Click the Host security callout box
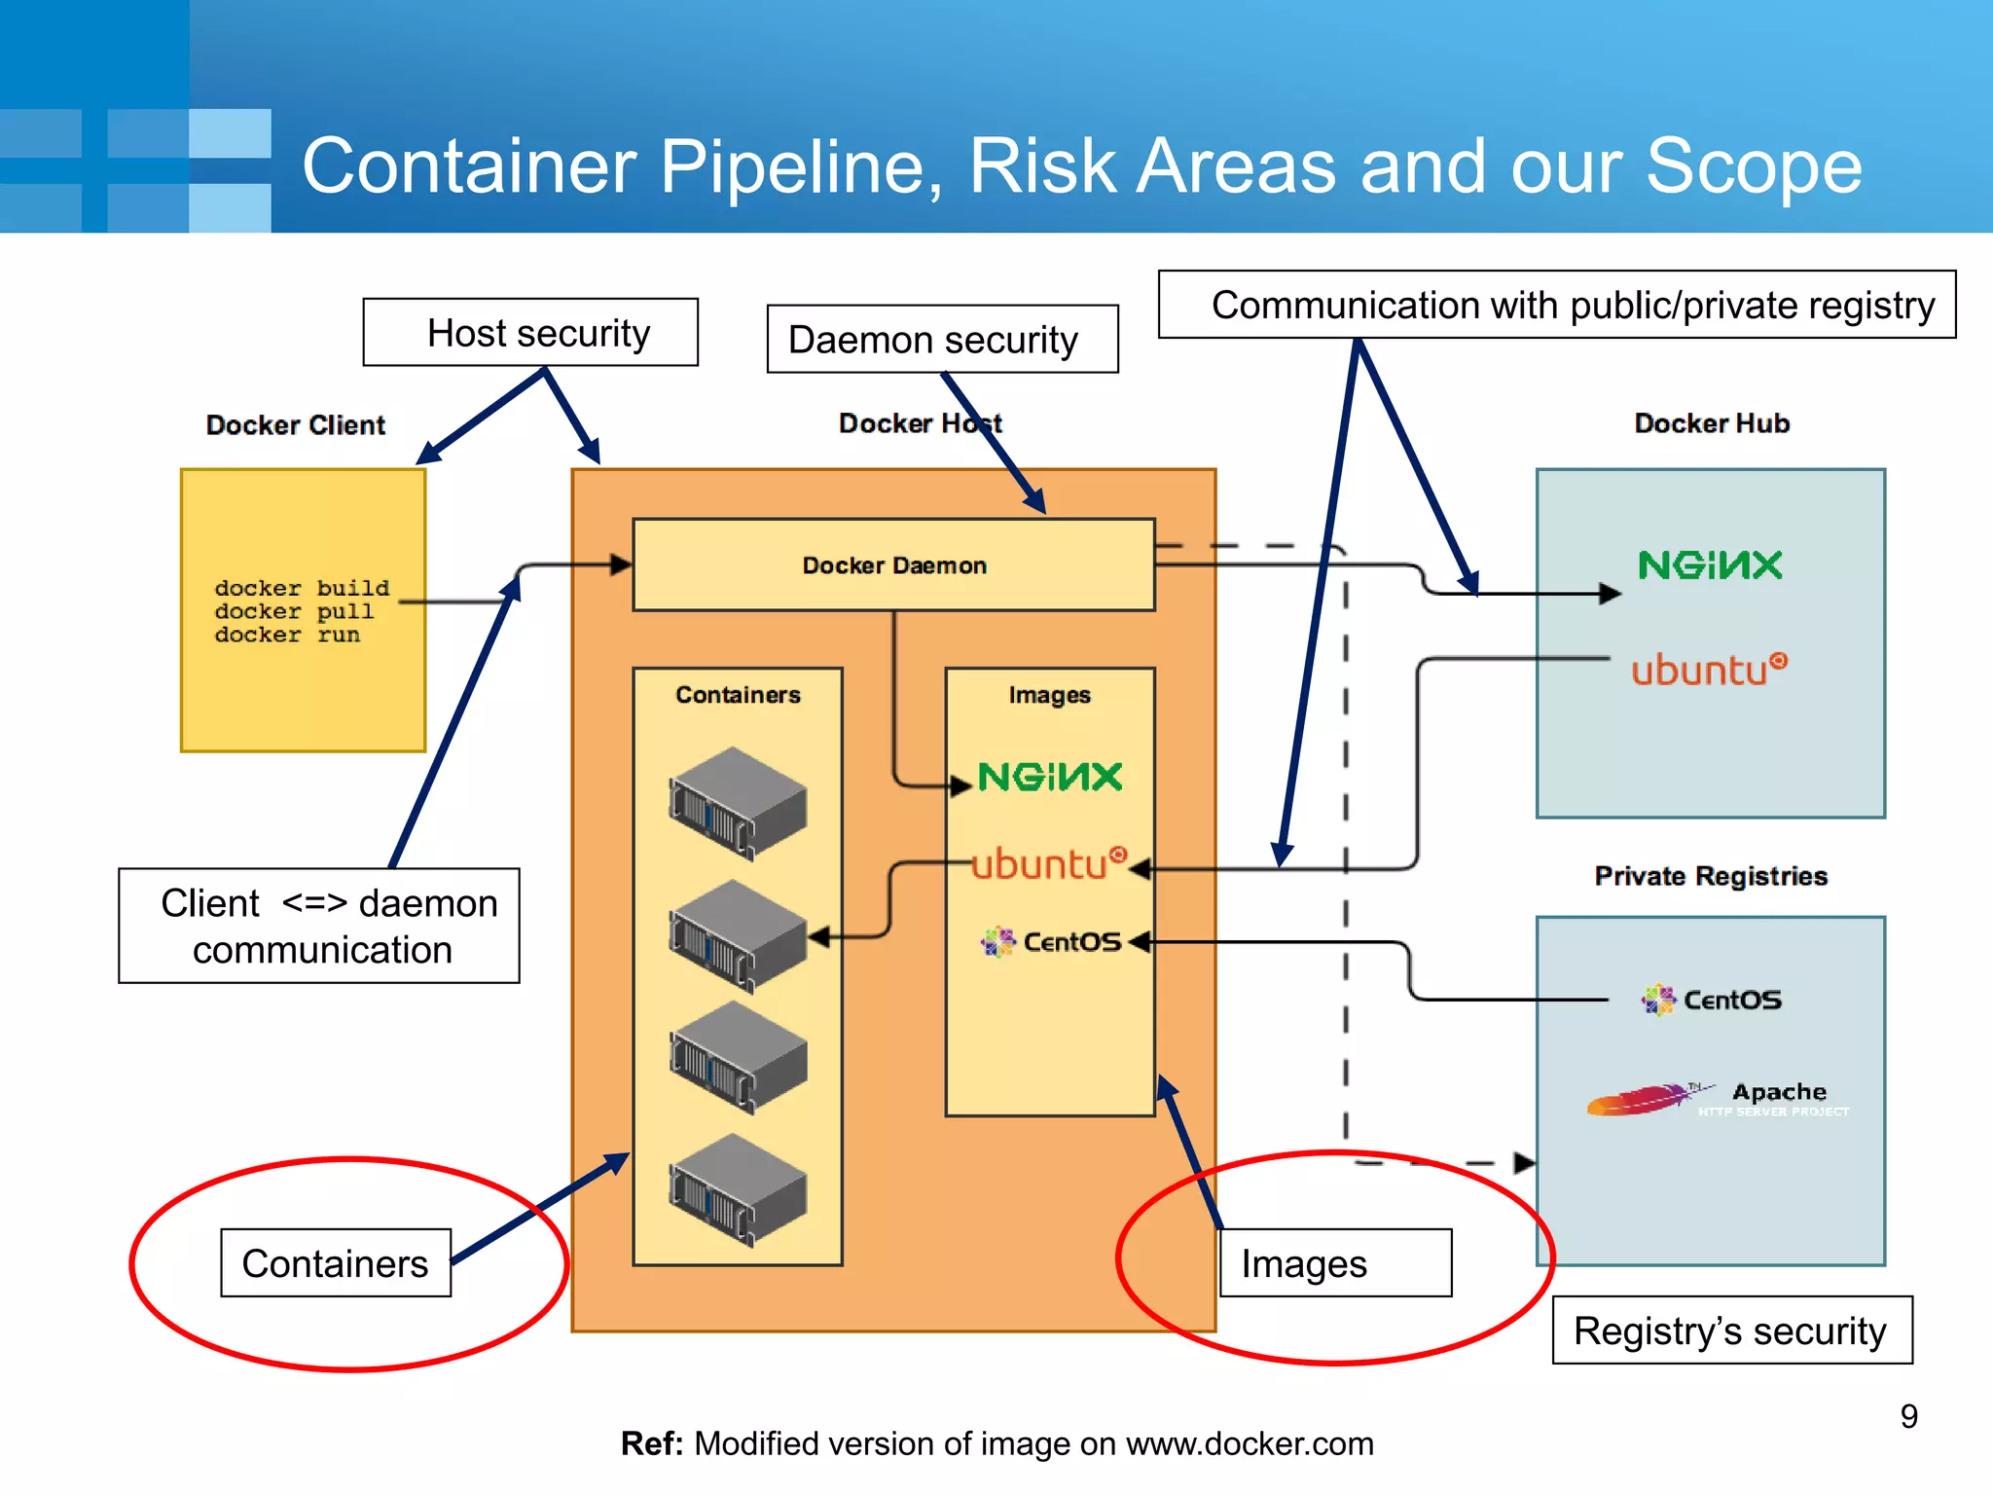pos(530,333)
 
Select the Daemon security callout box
pos(941,340)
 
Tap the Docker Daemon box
pos(893,565)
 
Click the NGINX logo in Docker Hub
pos(1710,565)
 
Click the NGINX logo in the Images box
pos(1050,777)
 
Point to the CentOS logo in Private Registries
pos(1712,1000)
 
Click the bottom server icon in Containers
pos(738,1189)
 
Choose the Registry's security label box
pos(1731,1331)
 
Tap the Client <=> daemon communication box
pos(319,926)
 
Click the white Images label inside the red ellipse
pos(1334,1263)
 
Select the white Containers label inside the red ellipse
pos(336,1263)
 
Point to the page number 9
pos(1908,1416)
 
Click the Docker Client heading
pos(296,425)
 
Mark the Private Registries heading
pos(1710,876)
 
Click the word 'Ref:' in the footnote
pos(652,1443)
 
